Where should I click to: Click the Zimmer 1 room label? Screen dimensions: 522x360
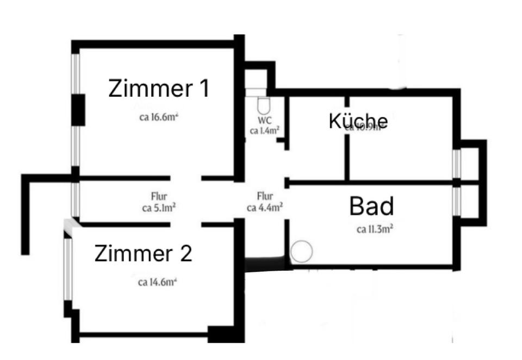159,88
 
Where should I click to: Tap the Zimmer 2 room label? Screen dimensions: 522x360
144,253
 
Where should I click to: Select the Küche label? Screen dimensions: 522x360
358,121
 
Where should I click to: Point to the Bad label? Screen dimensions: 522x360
371,207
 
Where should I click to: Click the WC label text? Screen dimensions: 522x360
264,120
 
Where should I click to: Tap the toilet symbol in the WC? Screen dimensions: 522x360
263,104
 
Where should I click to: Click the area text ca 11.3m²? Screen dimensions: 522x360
375,229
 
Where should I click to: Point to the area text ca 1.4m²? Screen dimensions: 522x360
265,130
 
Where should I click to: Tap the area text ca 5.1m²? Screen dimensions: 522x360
159,207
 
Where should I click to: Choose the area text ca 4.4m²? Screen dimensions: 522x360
264,207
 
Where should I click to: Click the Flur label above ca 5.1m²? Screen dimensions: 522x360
159,196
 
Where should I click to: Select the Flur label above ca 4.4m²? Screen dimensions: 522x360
265,196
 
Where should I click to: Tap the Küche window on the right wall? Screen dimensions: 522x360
457,163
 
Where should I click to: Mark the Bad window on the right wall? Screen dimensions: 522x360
457,200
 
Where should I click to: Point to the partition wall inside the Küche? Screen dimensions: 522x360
346,152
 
